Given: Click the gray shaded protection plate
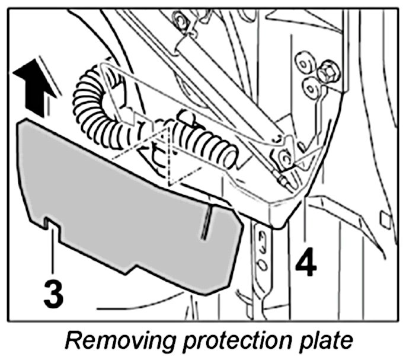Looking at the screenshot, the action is (119, 202).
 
